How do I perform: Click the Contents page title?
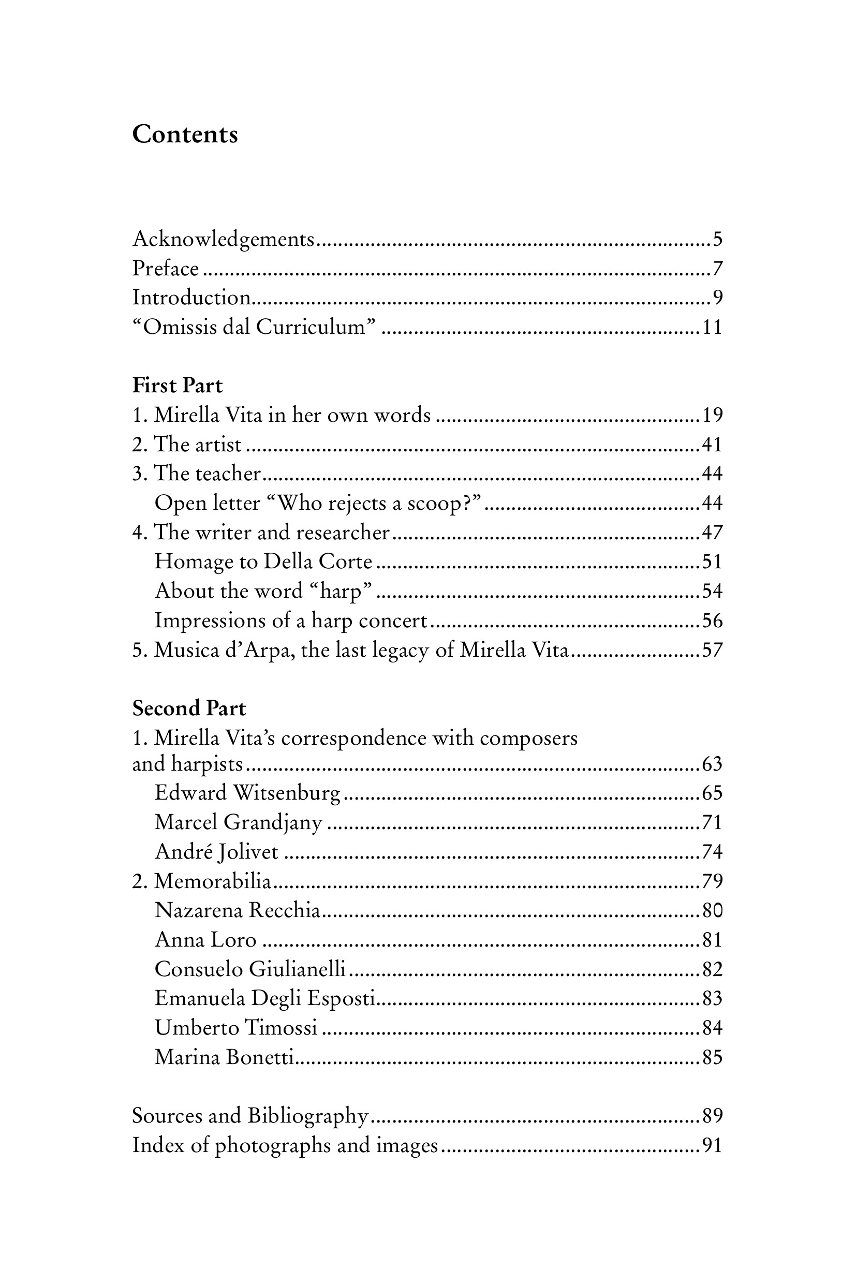pos(185,134)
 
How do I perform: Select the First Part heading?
pos(178,386)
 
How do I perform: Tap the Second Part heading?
pos(189,708)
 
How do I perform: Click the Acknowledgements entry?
pos(224,239)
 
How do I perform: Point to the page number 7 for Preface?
pos(717,269)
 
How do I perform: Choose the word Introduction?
pos(191,298)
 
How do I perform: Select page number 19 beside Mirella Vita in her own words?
pos(712,415)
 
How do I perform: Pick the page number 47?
pos(712,532)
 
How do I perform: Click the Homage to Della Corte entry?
pos(263,562)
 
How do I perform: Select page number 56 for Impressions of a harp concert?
pos(712,621)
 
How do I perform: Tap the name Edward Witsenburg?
pos(247,793)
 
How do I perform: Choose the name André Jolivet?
pos(216,852)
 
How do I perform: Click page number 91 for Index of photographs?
pos(712,1145)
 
